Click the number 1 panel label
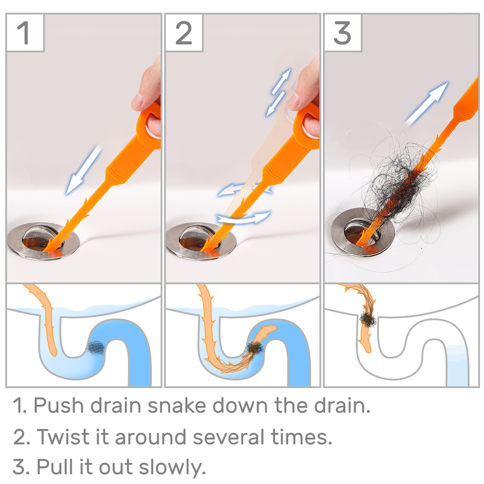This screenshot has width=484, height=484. [25, 33]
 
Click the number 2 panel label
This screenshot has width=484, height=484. [183, 33]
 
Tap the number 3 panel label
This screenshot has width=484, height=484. [342, 33]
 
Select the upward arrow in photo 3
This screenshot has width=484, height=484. [426, 104]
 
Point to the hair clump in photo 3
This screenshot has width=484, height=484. [398, 180]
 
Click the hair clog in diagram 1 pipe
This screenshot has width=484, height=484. [96, 348]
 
